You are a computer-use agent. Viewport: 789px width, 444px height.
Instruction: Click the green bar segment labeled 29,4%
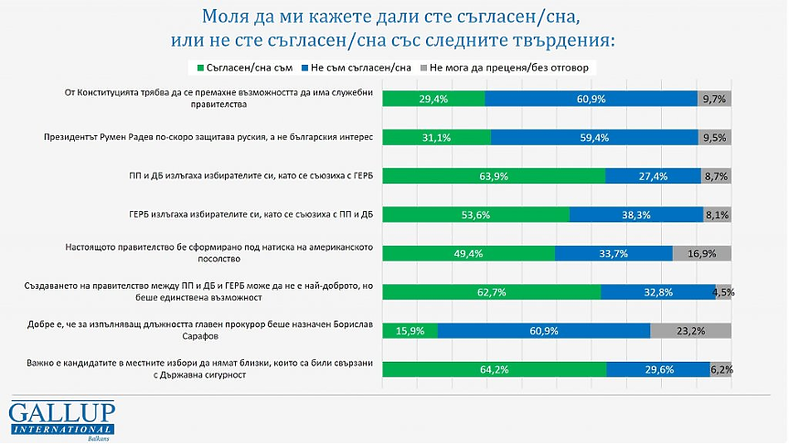coord(433,100)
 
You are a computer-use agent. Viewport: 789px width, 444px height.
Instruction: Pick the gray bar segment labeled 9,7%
coord(714,100)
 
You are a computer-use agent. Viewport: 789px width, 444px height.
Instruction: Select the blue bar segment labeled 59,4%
coord(595,138)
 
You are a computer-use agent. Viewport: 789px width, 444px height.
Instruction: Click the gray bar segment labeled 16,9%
coord(702,253)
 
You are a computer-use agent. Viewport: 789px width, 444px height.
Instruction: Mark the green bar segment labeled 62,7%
coord(492,291)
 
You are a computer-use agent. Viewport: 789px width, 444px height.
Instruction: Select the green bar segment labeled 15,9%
coord(410,330)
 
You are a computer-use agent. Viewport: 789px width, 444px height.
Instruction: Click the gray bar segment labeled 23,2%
coord(691,330)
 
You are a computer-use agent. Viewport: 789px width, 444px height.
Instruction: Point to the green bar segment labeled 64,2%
coord(495,369)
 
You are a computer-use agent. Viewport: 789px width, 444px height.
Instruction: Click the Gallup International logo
coord(62,418)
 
